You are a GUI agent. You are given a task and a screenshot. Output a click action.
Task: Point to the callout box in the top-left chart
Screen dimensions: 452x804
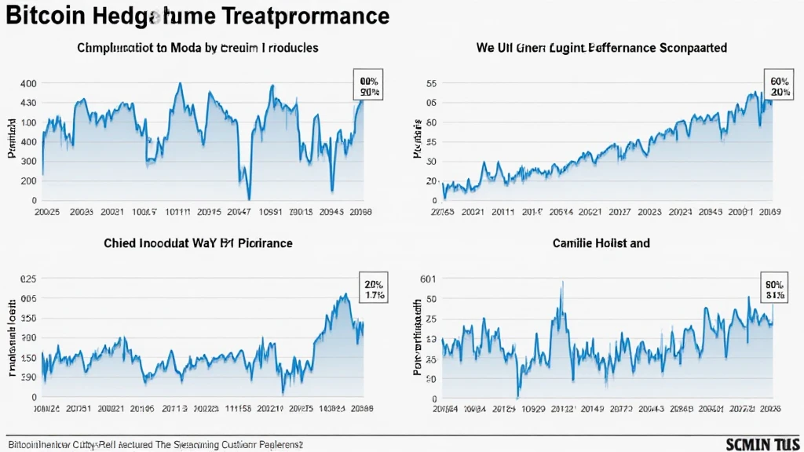(x=369, y=87)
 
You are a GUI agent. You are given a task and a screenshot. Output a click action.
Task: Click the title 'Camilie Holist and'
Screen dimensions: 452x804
(x=600, y=243)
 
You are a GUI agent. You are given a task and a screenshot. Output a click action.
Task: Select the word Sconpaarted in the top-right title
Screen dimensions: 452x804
(x=693, y=48)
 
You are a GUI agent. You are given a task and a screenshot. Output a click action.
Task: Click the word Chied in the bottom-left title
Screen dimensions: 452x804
(x=121, y=243)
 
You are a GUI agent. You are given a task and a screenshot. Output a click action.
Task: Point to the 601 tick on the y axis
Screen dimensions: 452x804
(x=428, y=279)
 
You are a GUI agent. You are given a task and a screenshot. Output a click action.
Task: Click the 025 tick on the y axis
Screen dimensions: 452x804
(x=27, y=279)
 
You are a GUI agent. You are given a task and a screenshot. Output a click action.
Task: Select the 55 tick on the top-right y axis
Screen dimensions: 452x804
(x=430, y=84)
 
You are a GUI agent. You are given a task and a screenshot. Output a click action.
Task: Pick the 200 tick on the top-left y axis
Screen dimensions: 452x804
(x=27, y=180)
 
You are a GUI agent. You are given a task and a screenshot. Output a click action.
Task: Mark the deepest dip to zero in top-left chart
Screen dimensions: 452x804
(x=249, y=199)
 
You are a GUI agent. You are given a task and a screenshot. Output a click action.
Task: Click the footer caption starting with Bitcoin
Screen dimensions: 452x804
(x=155, y=445)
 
